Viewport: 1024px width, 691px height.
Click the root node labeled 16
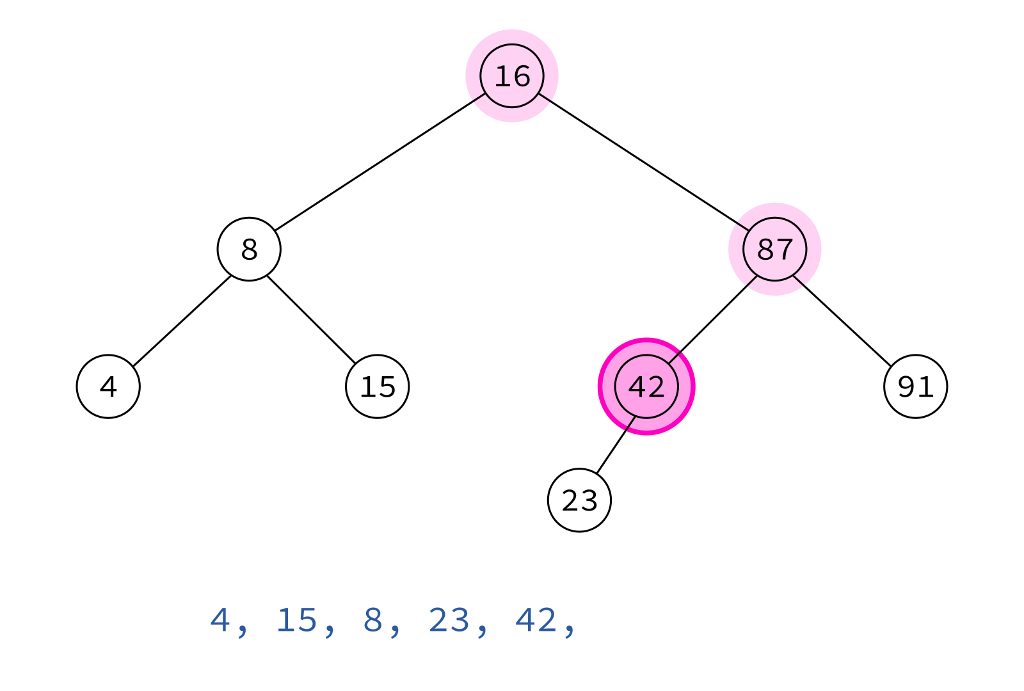pyautogui.click(x=512, y=76)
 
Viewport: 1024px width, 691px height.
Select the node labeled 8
pyautogui.click(x=249, y=249)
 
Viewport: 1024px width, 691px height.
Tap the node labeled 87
pyautogui.click(x=775, y=249)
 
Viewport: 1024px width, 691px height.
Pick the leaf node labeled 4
pyautogui.click(x=108, y=386)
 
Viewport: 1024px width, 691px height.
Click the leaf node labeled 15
pyautogui.click(x=377, y=386)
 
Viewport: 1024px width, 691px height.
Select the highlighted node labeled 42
pyautogui.click(x=646, y=386)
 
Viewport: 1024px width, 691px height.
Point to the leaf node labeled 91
pyautogui.click(x=916, y=386)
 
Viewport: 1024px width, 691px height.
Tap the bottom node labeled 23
pyautogui.click(x=579, y=500)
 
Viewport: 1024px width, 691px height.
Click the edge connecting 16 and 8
pyautogui.click(x=380, y=163)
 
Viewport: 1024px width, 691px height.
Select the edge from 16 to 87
pyautogui.click(x=644, y=163)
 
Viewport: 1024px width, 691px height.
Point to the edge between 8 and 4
pyautogui.click(x=182, y=321)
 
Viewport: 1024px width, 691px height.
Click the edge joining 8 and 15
pyautogui.click(x=311, y=319)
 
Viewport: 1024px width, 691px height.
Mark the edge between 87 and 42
pyautogui.click(x=713, y=319)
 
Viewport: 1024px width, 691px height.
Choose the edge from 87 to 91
pyautogui.click(x=842, y=321)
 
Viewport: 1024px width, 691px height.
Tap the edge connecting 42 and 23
pyautogui.click(x=616, y=445)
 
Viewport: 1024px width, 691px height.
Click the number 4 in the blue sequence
pyautogui.click(x=220, y=620)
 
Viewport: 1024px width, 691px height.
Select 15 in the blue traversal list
pyautogui.click(x=297, y=620)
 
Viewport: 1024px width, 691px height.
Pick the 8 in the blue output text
pyautogui.click(x=372, y=620)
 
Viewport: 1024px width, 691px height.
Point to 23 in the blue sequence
pyautogui.click(x=449, y=620)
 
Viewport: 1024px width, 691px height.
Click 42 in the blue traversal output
pyautogui.click(x=536, y=620)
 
